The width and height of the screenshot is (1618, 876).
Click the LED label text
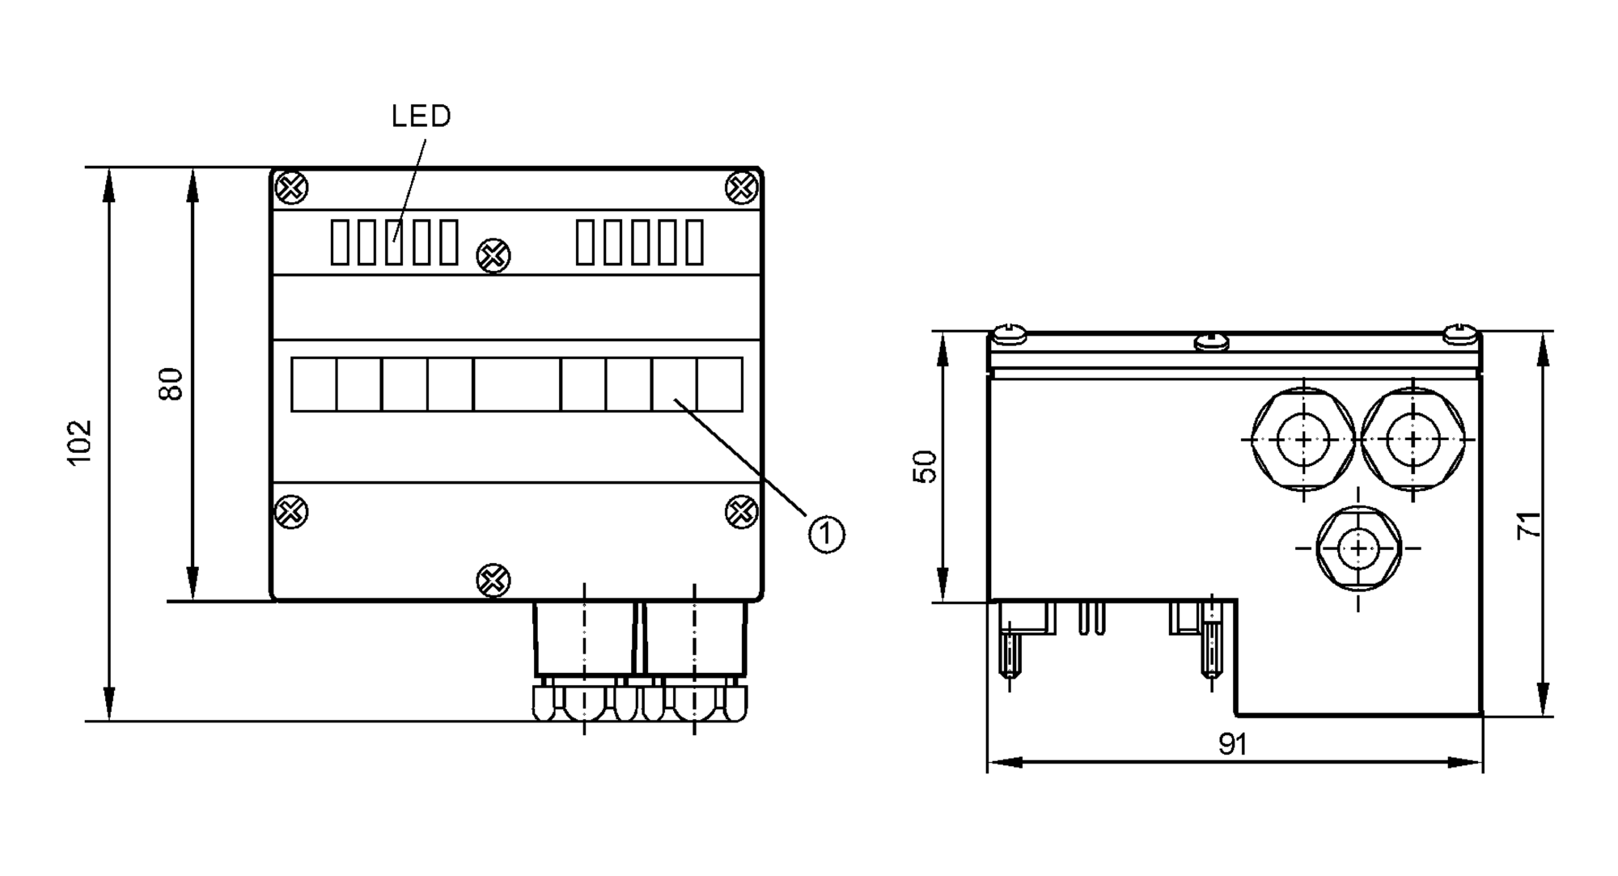pos(421,116)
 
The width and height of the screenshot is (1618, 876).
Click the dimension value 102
pos(80,442)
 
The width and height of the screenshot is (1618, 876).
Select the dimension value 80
pos(172,383)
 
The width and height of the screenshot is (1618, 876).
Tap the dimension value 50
pos(925,467)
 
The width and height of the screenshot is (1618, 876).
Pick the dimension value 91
pos(1232,745)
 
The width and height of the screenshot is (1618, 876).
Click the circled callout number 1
pos(826,535)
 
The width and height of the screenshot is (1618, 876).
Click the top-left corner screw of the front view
pos(291,188)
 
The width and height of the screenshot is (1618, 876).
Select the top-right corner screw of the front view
pos(741,188)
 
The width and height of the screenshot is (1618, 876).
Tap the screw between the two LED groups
pos(493,256)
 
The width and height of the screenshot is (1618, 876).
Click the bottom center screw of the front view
pos(493,580)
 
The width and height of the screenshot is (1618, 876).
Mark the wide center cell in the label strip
pos(517,385)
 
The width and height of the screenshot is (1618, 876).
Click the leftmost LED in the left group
pos(340,242)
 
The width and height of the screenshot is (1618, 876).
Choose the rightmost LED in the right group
pos(694,242)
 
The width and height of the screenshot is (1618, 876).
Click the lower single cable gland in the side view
pos(1358,548)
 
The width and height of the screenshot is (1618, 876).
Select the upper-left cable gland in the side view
pos(1303,439)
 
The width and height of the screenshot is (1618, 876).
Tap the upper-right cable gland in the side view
pos(1413,439)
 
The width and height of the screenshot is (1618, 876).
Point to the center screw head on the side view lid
pos(1211,341)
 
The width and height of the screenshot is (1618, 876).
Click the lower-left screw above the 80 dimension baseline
pos(291,512)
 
